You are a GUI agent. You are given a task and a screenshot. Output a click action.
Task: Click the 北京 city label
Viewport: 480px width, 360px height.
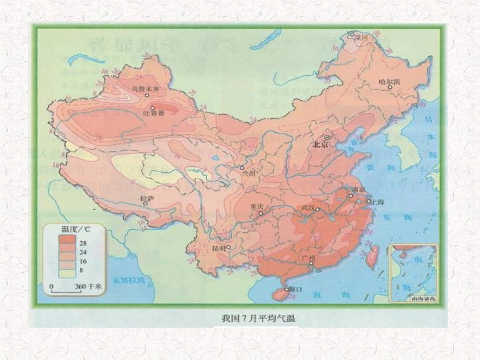pos(321,144)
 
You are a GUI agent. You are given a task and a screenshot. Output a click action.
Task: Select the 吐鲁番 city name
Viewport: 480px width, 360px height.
pos(154,114)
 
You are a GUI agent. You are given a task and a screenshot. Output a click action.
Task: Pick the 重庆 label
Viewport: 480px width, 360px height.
pos(257,207)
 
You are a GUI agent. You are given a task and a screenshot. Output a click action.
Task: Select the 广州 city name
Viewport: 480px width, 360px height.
pos(308,258)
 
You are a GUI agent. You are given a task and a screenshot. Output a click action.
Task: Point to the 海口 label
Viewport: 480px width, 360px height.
pos(292,289)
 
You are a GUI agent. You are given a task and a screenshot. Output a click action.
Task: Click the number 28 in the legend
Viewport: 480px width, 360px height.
pos(83,243)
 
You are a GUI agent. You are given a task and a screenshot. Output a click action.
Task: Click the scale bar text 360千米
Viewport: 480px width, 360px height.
pos(85,286)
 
